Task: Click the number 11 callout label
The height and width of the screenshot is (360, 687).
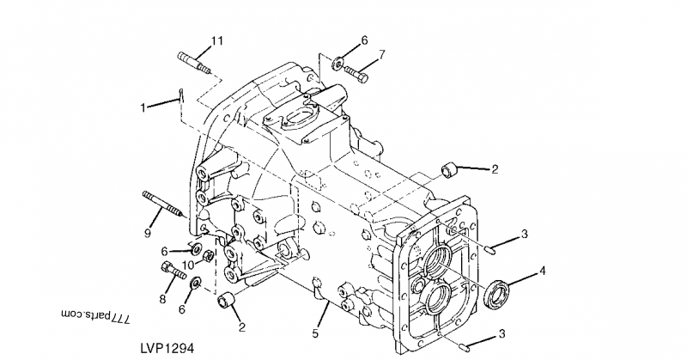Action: point(217,40)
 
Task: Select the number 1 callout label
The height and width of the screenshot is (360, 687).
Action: point(144,107)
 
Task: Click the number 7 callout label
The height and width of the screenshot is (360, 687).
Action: point(382,53)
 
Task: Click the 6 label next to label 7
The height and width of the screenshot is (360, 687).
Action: point(364,40)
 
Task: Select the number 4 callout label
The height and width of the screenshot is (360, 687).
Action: point(542,272)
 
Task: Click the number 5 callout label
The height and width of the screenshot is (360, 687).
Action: point(315,333)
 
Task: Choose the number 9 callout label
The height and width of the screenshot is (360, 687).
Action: point(148,232)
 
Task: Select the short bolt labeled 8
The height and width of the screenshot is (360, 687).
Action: point(173,273)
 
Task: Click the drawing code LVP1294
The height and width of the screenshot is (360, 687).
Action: point(167,349)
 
